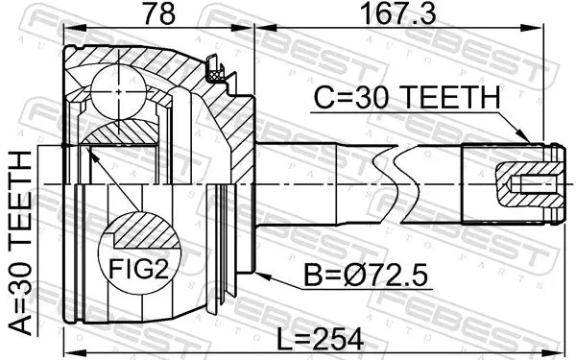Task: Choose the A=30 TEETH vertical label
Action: click(20, 241)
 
